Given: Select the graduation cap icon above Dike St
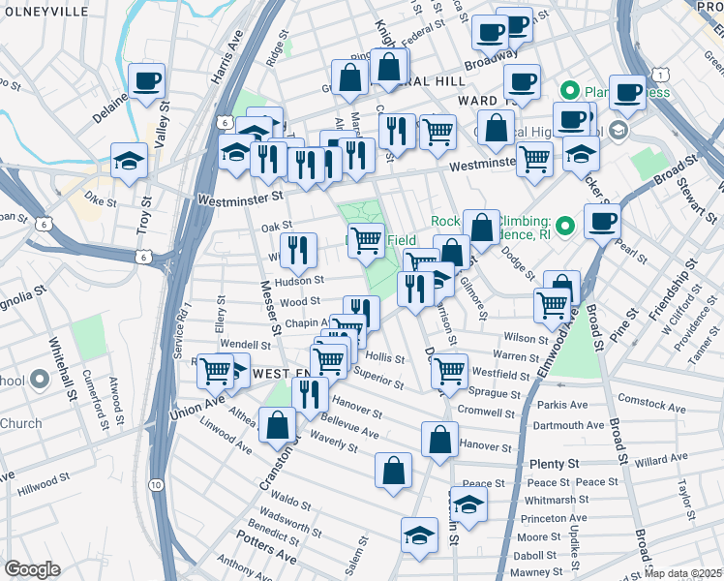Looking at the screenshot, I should pyautogui.click(x=128, y=163).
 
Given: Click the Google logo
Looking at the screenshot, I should pyautogui.click(x=32, y=568).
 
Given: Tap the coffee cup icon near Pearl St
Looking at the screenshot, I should pyautogui.click(x=602, y=223).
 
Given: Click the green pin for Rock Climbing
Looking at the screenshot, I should pyautogui.click(x=567, y=227).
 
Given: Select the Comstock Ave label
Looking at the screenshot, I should pyautogui.click(x=673, y=399).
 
